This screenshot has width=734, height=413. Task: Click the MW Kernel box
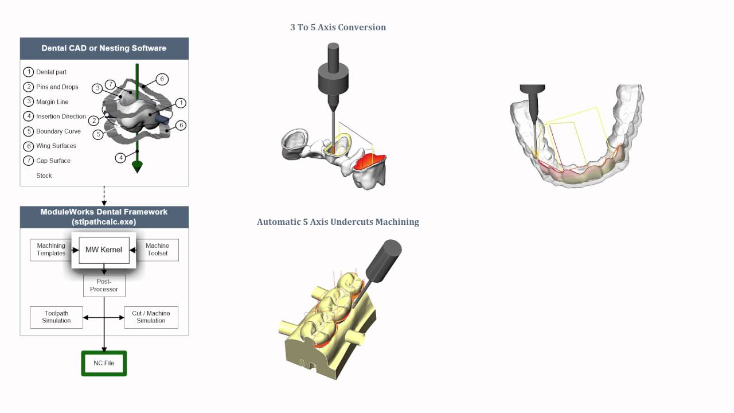click(x=104, y=250)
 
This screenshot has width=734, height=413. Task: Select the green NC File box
click(x=104, y=363)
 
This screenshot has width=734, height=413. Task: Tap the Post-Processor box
click(x=104, y=286)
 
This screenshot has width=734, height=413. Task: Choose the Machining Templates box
click(x=51, y=250)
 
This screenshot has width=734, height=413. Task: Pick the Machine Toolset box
click(x=157, y=250)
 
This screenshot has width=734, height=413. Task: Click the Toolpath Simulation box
click(x=56, y=317)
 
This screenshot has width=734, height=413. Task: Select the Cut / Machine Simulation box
click(x=151, y=317)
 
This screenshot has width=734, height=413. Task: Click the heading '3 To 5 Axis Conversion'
click(x=338, y=27)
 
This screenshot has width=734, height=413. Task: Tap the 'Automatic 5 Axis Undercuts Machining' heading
click(x=338, y=222)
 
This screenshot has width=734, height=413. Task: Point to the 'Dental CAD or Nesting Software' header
click(x=104, y=48)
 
